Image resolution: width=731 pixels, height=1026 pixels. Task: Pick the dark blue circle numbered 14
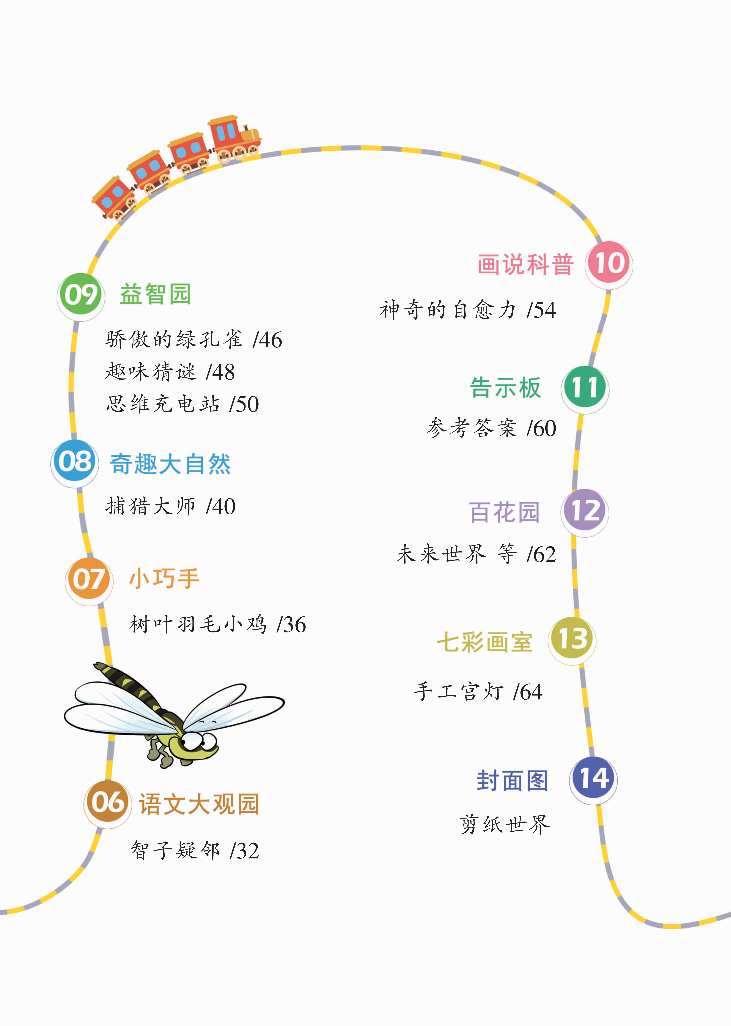(x=593, y=780)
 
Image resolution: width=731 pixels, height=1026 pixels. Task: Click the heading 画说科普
(x=525, y=264)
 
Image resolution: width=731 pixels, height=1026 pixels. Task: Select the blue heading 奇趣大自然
(x=170, y=464)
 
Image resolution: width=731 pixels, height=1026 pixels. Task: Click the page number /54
(x=542, y=310)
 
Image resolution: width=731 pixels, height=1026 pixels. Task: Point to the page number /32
(x=244, y=851)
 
